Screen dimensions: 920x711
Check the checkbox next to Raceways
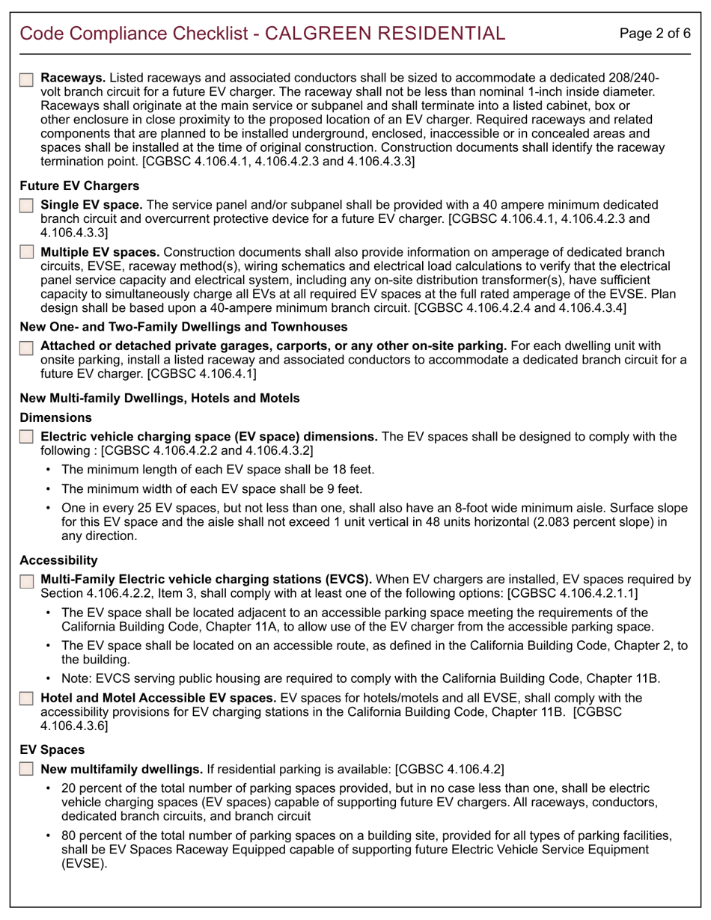[26, 79]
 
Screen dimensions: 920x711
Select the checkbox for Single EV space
[26, 205]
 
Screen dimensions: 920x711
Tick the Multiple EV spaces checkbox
[26, 253]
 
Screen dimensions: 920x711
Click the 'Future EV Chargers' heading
[69, 185]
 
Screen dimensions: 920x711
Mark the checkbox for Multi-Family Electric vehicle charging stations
[26, 580]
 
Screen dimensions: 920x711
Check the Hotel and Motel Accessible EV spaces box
[26, 699]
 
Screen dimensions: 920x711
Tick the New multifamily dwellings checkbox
[26, 769]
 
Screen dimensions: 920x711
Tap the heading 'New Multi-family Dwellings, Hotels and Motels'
[159, 399]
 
